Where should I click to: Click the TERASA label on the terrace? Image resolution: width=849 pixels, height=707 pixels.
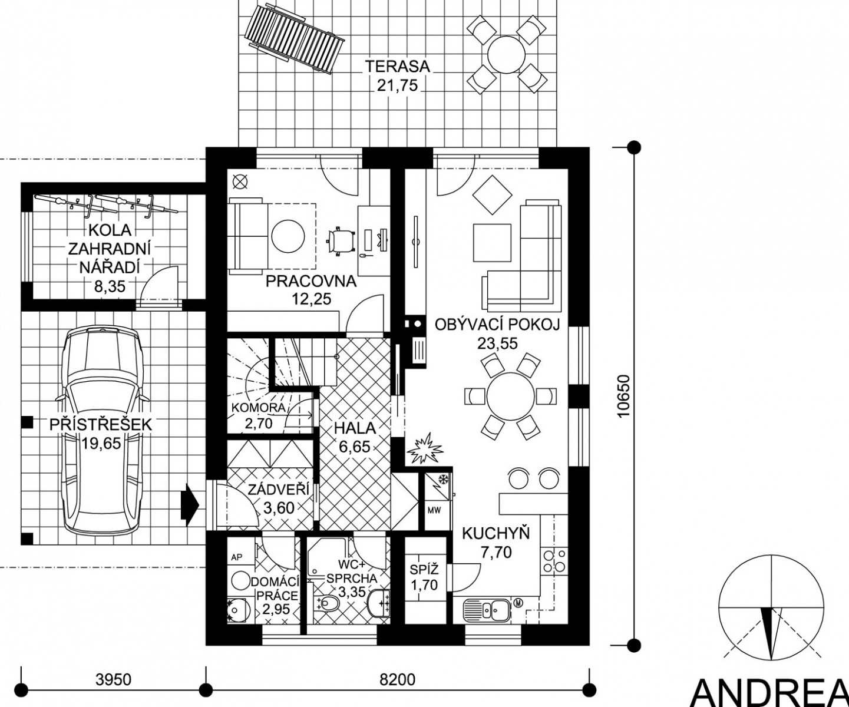[x=397, y=66]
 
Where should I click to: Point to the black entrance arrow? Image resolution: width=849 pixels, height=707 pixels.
[x=190, y=504]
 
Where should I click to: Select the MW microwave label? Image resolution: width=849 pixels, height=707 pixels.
[x=434, y=510]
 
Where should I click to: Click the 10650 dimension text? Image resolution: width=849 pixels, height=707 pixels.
[x=623, y=396]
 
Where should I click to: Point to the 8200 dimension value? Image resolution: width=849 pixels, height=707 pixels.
[x=397, y=679]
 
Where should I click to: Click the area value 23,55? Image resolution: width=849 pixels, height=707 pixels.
[x=497, y=344]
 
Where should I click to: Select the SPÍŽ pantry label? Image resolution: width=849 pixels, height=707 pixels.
[x=424, y=570]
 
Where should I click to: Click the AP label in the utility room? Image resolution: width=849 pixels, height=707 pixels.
[x=237, y=557]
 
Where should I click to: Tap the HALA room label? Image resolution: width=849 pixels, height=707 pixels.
[x=354, y=428]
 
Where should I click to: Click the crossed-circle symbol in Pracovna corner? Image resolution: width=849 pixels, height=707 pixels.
[x=240, y=181]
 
